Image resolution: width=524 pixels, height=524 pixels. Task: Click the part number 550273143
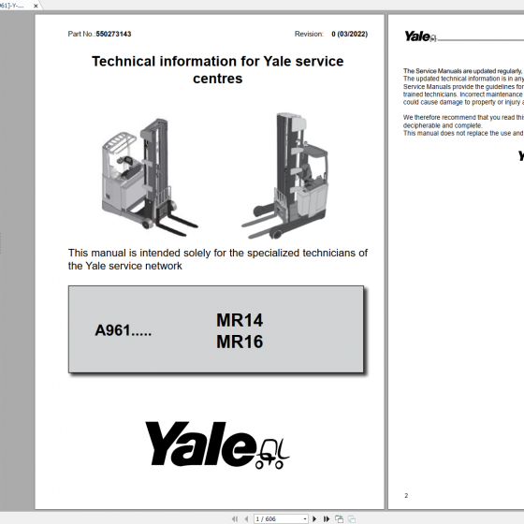(113, 34)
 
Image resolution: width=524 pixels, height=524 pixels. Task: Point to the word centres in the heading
(217, 79)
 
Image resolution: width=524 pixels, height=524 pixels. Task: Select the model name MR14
(240, 320)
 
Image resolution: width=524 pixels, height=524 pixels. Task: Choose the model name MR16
(240, 342)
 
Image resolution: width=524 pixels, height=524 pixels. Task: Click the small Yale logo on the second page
(417, 36)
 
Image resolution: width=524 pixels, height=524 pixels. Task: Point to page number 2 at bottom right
(406, 495)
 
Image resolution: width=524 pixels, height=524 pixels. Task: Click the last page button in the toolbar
(326, 518)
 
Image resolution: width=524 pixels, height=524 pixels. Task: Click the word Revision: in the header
(309, 34)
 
